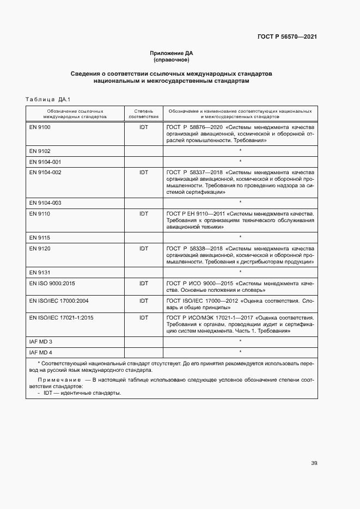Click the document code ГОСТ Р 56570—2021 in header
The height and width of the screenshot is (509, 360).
pyautogui.click(x=287, y=36)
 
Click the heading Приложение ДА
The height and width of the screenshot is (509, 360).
pyautogui.click(x=172, y=53)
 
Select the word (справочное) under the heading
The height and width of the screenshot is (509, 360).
pyautogui.click(x=172, y=59)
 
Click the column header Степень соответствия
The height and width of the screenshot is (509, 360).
pyautogui.click(x=143, y=113)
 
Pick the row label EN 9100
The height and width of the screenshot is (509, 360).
pyautogui.click(x=40, y=127)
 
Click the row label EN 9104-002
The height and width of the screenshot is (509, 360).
pyautogui.click(x=45, y=172)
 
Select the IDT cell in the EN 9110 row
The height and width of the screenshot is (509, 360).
pyautogui.click(x=143, y=214)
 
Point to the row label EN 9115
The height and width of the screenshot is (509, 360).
pyautogui.click(x=40, y=237)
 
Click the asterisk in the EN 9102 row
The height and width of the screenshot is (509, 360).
pyautogui.click(x=240, y=151)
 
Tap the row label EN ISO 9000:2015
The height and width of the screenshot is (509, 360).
pyautogui.click(x=52, y=283)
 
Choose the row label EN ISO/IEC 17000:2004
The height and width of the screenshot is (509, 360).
pyautogui.click(x=59, y=300)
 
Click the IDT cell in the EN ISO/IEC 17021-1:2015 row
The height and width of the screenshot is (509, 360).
pyautogui.click(x=143, y=317)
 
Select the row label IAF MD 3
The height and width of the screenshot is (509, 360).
pyautogui.click(x=41, y=341)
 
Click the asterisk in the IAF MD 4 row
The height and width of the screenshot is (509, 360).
pyautogui.click(x=240, y=352)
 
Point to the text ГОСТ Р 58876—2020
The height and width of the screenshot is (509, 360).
pyautogui.click(x=190, y=127)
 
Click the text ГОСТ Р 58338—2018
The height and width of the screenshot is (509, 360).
pyautogui.click(x=190, y=248)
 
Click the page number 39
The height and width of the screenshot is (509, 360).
pyautogui.click(x=314, y=463)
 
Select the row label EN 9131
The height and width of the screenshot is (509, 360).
pyautogui.click(x=40, y=272)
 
